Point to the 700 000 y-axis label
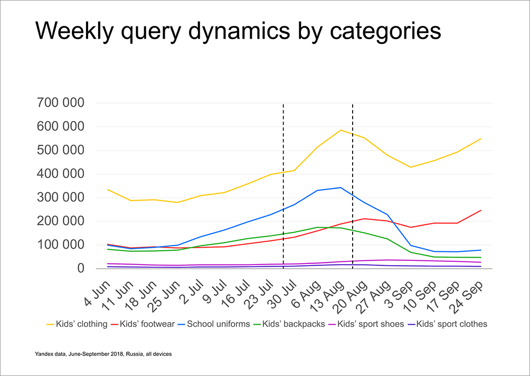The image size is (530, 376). [x=60, y=103]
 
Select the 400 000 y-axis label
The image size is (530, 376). [x=60, y=174]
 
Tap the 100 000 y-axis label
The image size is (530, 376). [x=60, y=245]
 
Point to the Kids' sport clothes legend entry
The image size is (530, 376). [x=451, y=324]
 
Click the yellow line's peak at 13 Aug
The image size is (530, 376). [x=341, y=130]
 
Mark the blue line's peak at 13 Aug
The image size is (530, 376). [x=341, y=187]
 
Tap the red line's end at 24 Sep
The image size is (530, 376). [x=481, y=210]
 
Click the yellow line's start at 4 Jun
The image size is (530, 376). [x=108, y=189]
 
